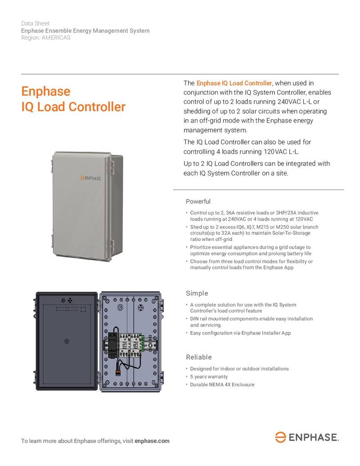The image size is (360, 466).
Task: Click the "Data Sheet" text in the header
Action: (x=35, y=23)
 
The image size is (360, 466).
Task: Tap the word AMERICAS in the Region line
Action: (x=56, y=38)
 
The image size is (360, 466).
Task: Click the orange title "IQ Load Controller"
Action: (x=73, y=107)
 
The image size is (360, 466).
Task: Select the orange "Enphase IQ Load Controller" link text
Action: (x=234, y=83)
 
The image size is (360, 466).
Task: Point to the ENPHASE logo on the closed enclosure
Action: (x=90, y=178)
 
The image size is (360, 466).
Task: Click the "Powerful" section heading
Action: (x=198, y=201)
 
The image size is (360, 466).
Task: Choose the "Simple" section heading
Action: (x=197, y=294)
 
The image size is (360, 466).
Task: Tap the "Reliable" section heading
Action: (x=199, y=357)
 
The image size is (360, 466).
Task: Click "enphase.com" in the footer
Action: (x=152, y=441)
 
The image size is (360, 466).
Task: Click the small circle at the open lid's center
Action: (x=67, y=341)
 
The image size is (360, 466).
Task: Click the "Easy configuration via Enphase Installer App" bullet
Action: (x=240, y=333)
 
